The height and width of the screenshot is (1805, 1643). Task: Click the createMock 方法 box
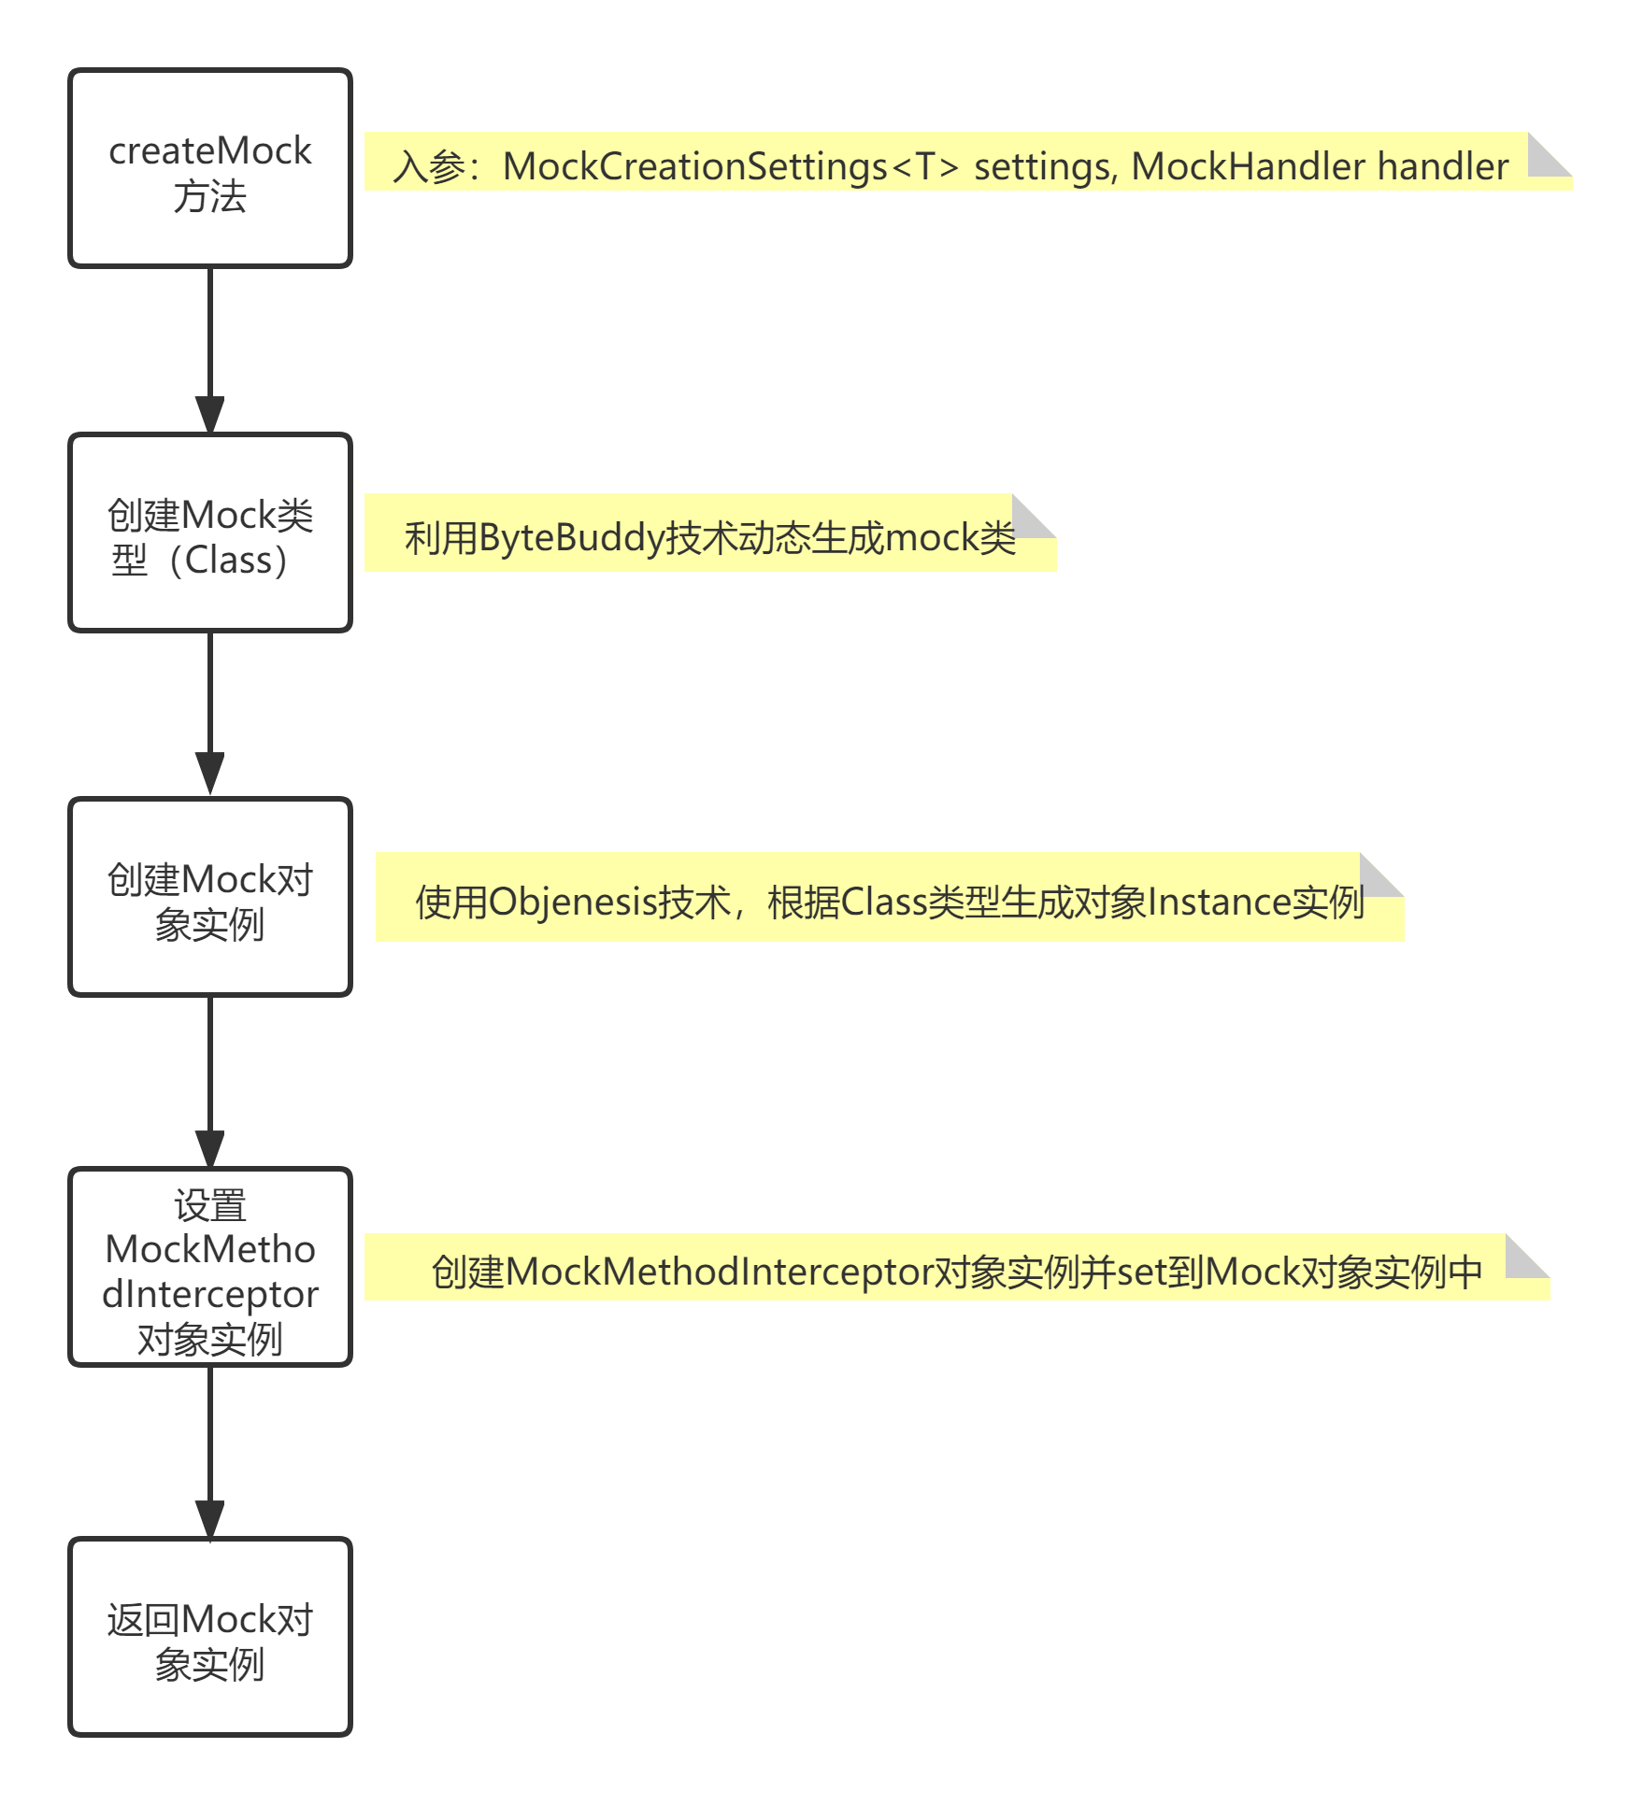210,168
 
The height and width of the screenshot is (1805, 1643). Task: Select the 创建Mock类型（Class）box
210,533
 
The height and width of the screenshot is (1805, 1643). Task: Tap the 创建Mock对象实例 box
210,897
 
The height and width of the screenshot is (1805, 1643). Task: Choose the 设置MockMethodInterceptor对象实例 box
210,1267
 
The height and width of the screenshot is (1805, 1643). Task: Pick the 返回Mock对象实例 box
210,1637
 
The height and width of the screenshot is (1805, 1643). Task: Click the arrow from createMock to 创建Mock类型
210,350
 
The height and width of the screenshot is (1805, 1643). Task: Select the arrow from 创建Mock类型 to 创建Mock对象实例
210,715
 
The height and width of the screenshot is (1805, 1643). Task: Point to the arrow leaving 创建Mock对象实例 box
210,1082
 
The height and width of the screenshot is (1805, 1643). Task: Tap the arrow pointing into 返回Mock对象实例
210,1452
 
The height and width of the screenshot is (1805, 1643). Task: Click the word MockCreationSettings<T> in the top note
731,167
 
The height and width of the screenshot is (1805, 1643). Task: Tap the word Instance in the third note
1219,902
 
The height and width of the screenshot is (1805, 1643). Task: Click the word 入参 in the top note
429,167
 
